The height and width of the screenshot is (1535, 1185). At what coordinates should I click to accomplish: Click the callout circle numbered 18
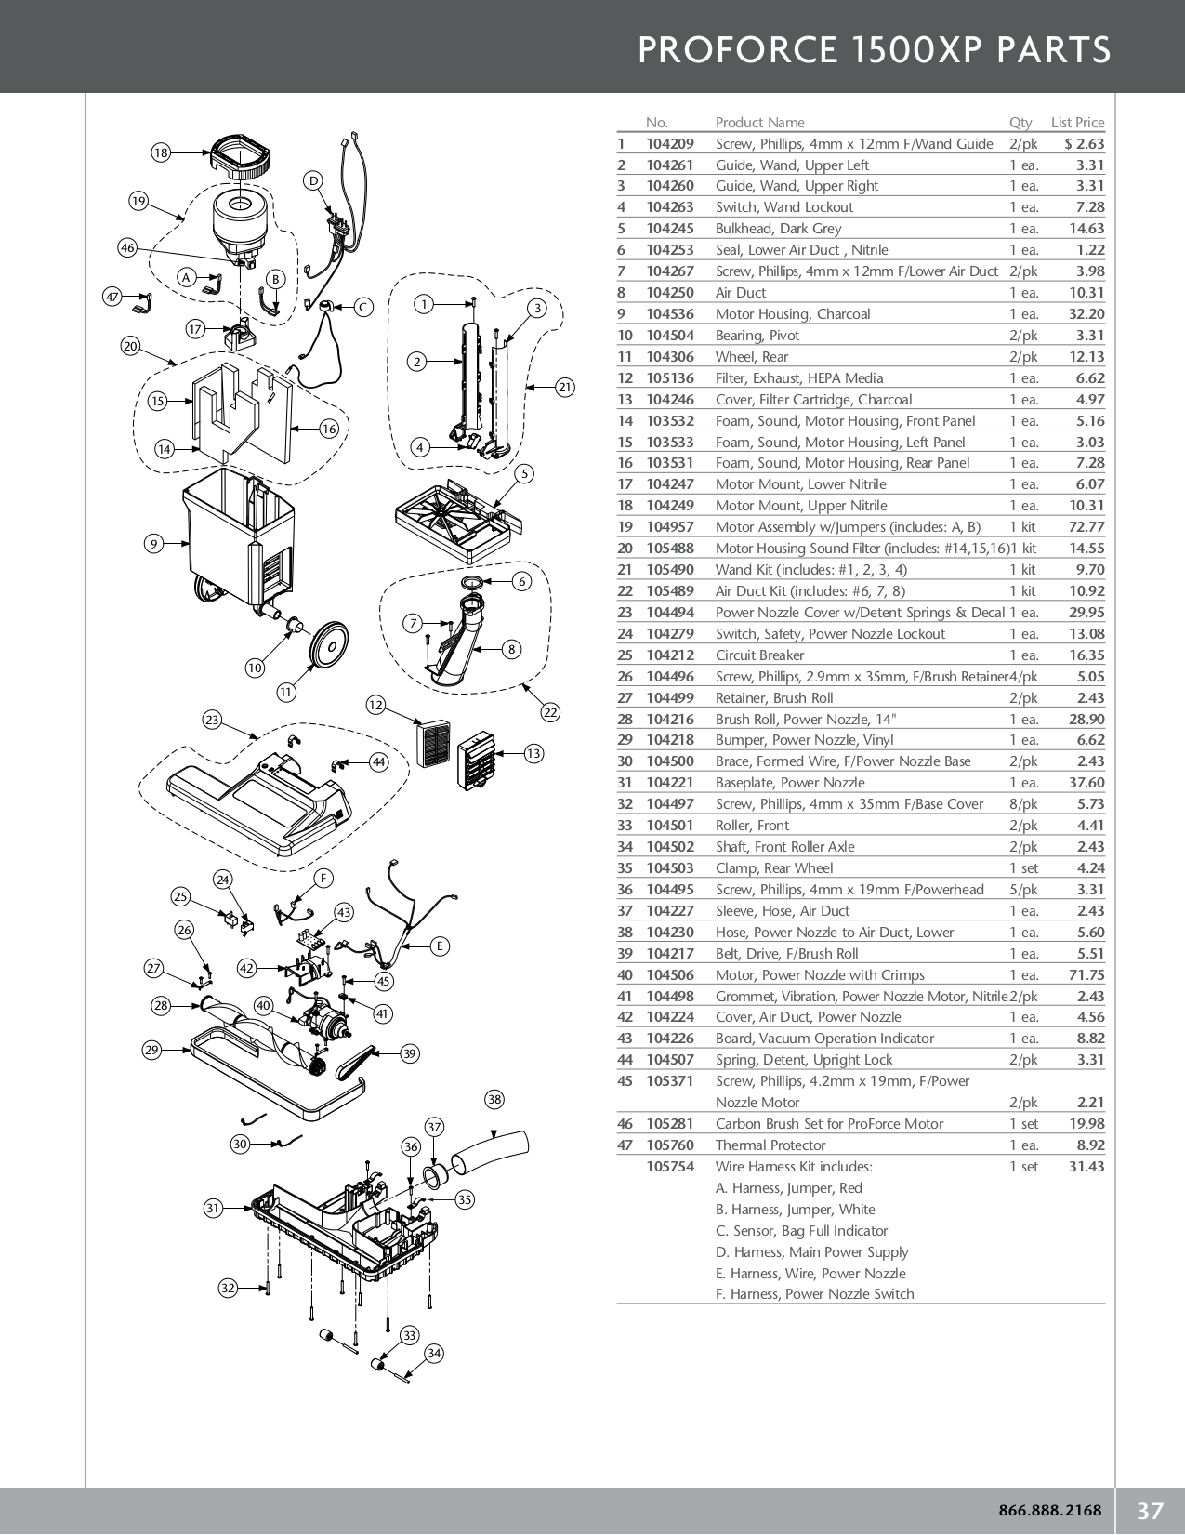[161, 152]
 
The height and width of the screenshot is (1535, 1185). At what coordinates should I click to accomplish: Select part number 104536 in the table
[669, 314]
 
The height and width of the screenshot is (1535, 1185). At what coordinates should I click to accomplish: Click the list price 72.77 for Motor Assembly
[1086, 527]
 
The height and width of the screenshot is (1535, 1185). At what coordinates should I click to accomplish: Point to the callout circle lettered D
[313, 180]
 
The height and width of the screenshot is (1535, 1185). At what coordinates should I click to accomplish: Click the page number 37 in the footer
[1151, 1511]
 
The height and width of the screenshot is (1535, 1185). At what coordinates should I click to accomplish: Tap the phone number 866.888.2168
[1049, 1511]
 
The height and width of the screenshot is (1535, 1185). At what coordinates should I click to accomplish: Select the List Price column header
[1077, 123]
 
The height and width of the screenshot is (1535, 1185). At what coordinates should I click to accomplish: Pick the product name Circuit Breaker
[759, 655]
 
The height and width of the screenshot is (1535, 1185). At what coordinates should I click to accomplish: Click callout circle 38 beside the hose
[494, 1100]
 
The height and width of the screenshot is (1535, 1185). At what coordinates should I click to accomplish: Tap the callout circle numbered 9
[154, 544]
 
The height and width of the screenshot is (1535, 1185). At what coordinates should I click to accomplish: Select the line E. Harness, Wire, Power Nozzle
[810, 1274]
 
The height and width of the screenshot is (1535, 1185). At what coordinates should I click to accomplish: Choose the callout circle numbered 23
[213, 720]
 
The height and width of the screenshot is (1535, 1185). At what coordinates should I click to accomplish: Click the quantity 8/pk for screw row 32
[1022, 804]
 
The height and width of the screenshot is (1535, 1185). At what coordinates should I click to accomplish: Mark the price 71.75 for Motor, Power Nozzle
[1086, 975]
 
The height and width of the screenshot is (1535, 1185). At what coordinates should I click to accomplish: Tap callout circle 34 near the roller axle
[434, 1354]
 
